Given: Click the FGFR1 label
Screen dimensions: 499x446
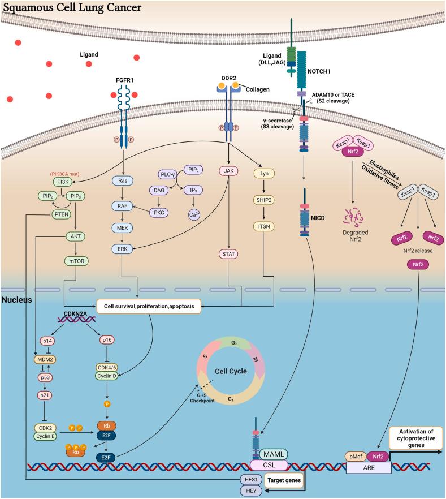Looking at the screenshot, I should point(124,81).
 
